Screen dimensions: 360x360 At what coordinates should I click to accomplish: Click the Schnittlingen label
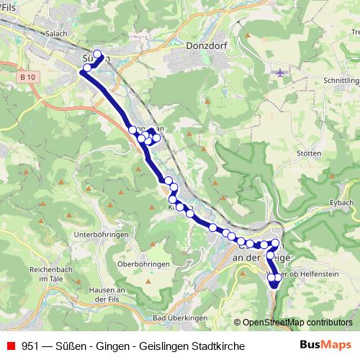click(x=341, y=81)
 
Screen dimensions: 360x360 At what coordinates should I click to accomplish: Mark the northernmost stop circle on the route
click(x=98, y=53)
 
